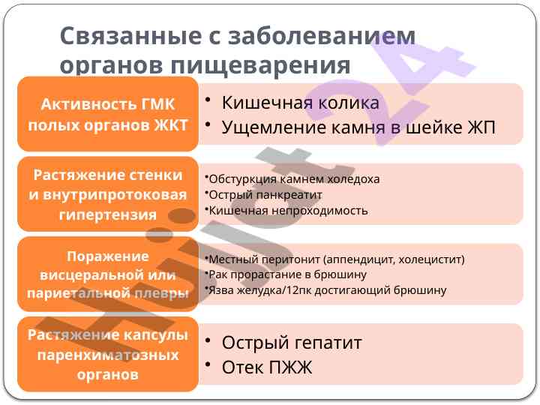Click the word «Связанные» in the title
[x=130, y=36]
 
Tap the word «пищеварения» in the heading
[x=260, y=65]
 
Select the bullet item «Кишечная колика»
[x=300, y=103]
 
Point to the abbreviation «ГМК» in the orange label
[x=157, y=104]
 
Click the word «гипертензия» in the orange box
[x=108, y=215]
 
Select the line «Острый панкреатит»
[x=265, y=195]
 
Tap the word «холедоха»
[x=353, y=179]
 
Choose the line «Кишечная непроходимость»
[x=288, y=211]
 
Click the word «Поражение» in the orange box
[x=108, y=256]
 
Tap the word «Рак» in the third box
[x=218, y=274]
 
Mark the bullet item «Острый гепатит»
[x=292, y=343]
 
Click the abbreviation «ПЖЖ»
[x=290, y=367]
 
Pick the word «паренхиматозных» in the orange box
[x=108, y=355]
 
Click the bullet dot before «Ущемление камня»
[x=208, y=124]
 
